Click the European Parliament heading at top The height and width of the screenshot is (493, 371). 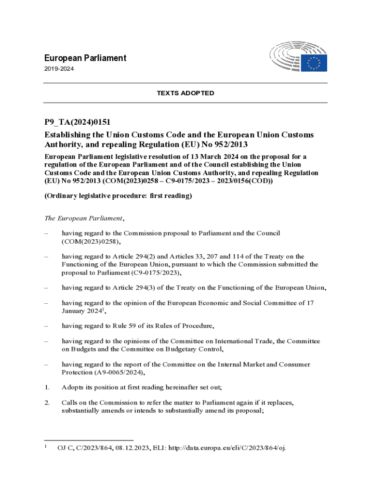pos(85,58)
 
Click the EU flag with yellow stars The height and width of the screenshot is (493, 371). pos(314,63)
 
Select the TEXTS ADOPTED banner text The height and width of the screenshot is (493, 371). pos(185,93)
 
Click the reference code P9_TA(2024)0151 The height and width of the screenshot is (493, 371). pos(79,123)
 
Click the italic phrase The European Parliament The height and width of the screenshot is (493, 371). pos(84,218)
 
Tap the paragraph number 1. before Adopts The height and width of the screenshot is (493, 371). pos(47,388)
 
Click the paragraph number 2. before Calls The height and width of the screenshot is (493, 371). pos(47,402)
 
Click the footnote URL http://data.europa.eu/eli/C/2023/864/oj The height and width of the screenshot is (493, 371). pos(226,448)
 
